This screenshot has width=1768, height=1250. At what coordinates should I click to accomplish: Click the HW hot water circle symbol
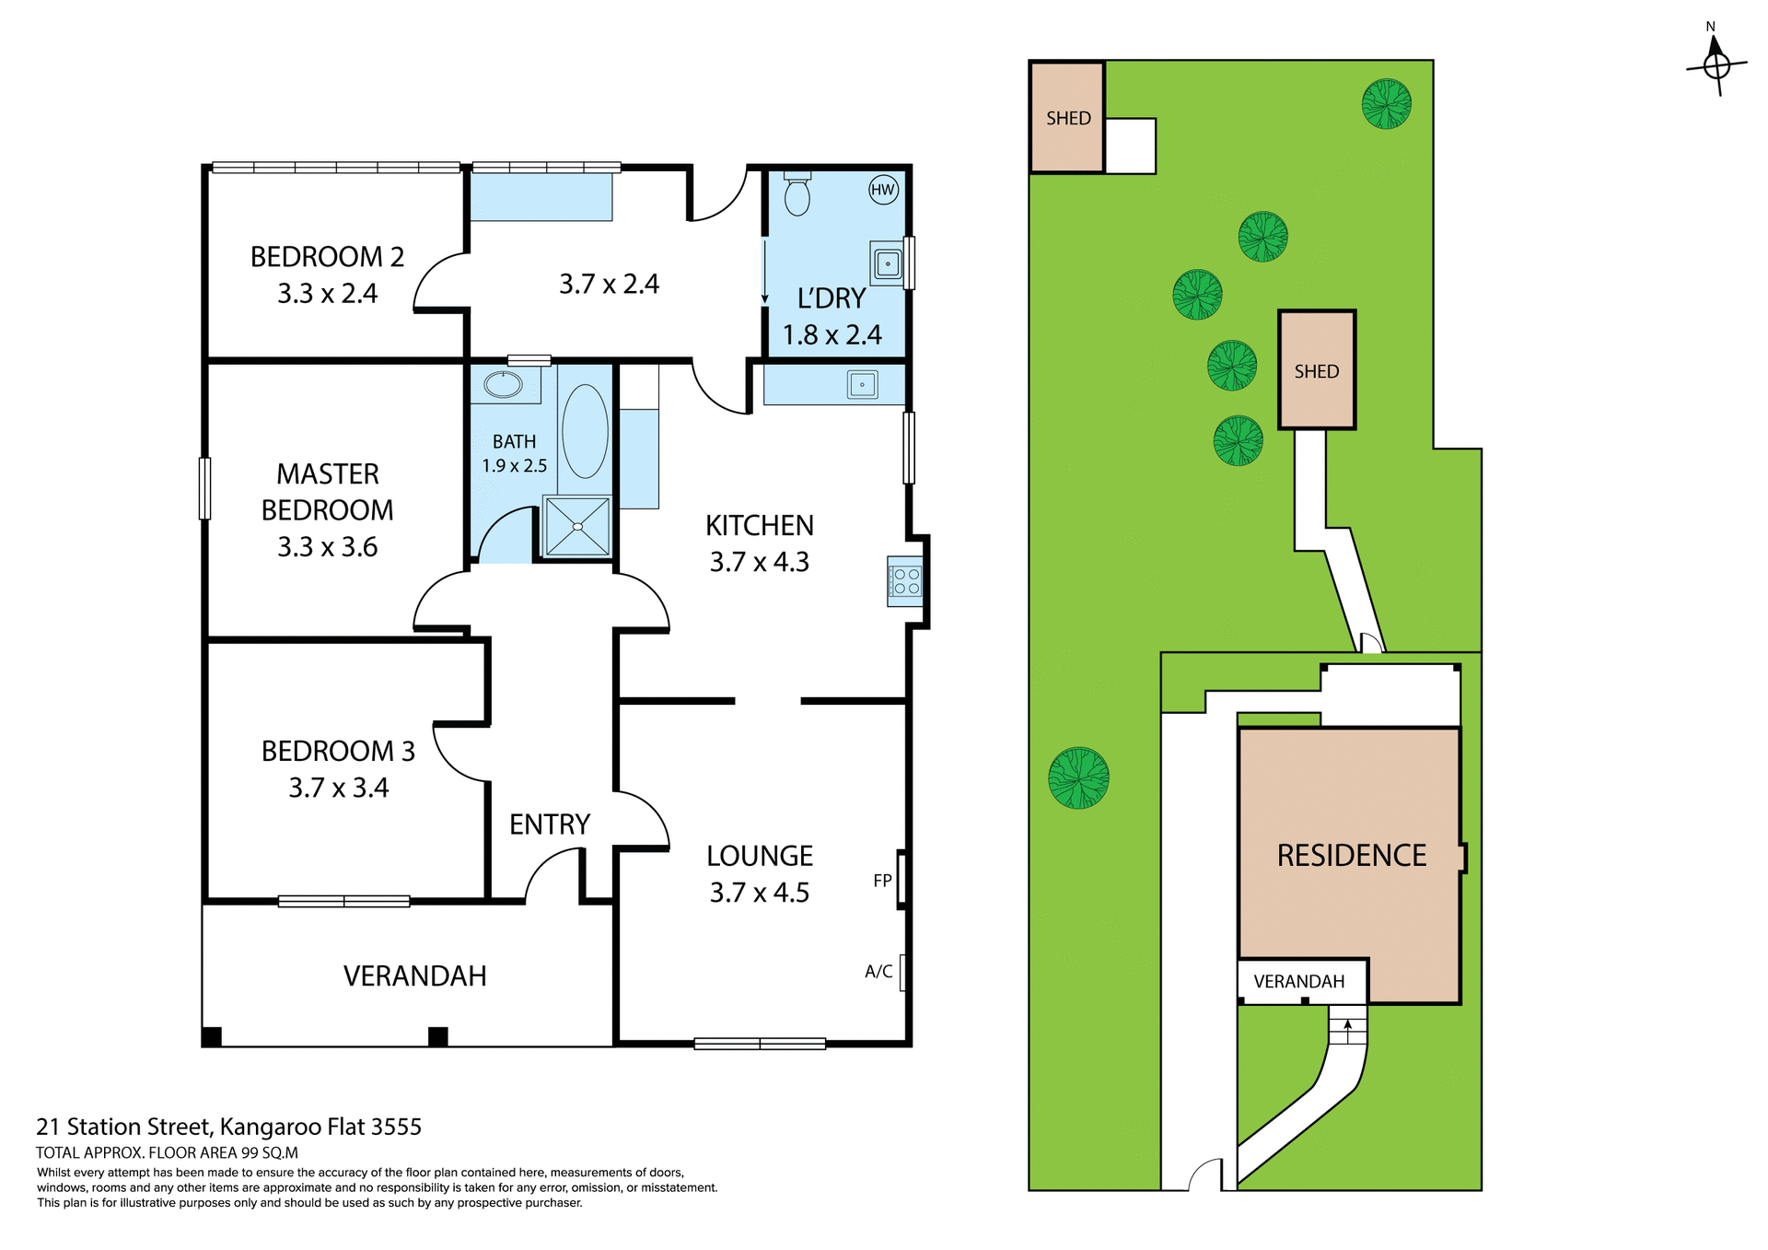pyautogui.click(x=882, y=190)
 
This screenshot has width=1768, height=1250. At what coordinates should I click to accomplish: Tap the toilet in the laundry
pyautogui.click(x=797, y=194)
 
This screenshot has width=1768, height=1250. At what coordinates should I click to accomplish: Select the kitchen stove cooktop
pyautogui.click(x=905, y=581)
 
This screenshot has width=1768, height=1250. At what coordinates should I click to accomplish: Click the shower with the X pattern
pyautogui.click(x=577, y=526)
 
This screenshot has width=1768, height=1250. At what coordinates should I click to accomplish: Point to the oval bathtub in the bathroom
pyautogui.click(x=585, y=431)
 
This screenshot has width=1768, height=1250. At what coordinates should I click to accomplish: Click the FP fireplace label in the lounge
pyautogui.click(x=882, y=881)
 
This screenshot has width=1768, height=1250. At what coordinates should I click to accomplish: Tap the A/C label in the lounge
pyautogui.click(x=878, y=971)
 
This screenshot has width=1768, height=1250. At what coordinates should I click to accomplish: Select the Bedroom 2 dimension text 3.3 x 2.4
pyautogui.click(x=327, y=293)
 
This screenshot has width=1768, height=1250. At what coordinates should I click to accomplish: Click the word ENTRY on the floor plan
pyautogui.click(x=550, y=824)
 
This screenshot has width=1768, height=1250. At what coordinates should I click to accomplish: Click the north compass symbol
pyautogui.click(x=1716, y=64)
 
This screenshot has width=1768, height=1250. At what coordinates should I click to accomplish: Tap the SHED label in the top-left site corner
pyautogui.click(x=1068, y=118)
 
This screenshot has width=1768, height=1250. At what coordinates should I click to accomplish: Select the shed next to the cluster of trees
pyautogui.click(x=1317, y=370)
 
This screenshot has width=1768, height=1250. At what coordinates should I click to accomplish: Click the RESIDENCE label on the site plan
pyautogui.click(x=1351, y=855)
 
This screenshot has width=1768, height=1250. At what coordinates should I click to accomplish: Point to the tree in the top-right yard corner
pyautogui.click(x=1386, y=103)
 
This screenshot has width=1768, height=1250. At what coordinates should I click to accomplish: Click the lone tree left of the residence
pyautogui.click(x=1078, y=777)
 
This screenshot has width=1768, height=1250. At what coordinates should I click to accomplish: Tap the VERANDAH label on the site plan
pyautogui.click(x=1298, y=981)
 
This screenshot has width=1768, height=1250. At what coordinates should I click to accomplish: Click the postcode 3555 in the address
pyautogui.click(x=396, y=1127)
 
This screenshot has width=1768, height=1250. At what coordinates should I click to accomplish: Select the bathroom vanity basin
pyautogui.click(x=504, y=384)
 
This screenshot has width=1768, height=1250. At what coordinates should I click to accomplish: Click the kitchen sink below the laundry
pyautogui.click(x=863, y=384)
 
